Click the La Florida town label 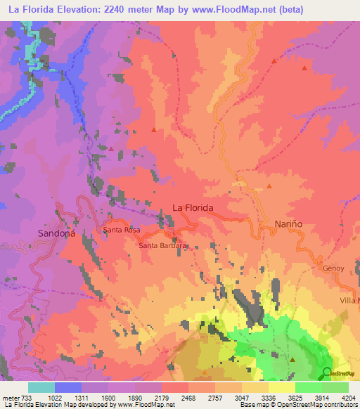tap(193, 208)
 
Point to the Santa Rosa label tap(123, 230)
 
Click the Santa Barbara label tap(162, 246)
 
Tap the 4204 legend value tap(349, 398)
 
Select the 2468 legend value tap(188, 398)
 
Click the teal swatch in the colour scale tap(41, 387)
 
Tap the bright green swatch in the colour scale tap(308, 387)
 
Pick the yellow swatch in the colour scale tap(281, 387)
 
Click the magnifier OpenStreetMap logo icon tap(328, 372)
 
